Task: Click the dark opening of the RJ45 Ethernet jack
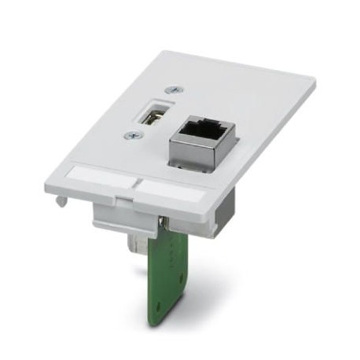203,126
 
